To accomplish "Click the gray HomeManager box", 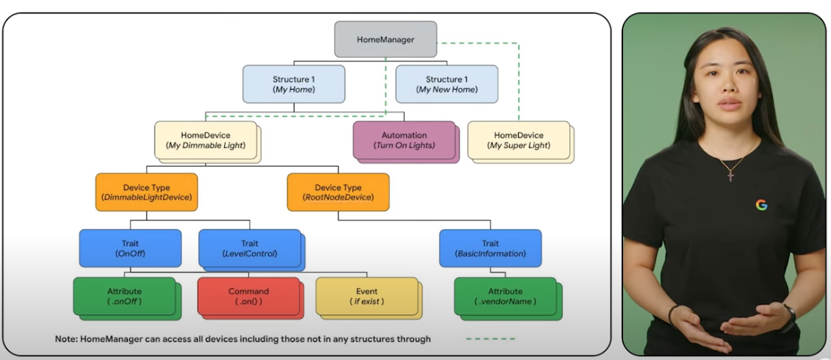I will pos(385,39).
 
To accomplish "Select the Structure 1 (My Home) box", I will pos(293,84).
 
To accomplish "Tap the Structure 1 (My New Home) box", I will pos(446,84).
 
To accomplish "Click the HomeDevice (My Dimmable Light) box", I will pos(205,140).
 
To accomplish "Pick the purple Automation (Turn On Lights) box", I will pos(403,140).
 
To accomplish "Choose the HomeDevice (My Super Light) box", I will pos(518,140).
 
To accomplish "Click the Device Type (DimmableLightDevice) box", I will pos(146,192).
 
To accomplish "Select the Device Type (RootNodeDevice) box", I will pos(338,192).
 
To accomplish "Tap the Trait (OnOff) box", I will pos(129,248).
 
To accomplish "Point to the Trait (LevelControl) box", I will pos(249,248).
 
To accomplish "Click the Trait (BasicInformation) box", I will pos(490,248).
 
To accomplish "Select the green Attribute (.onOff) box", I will pos(124,296).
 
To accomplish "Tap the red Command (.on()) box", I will pos(248,296).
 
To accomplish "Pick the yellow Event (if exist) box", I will pos(366,296).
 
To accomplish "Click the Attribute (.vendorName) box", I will pos(505,296).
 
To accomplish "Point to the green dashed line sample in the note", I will pos(490,339).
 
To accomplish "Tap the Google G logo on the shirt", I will pos(761,204).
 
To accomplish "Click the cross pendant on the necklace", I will pos(730,176).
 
